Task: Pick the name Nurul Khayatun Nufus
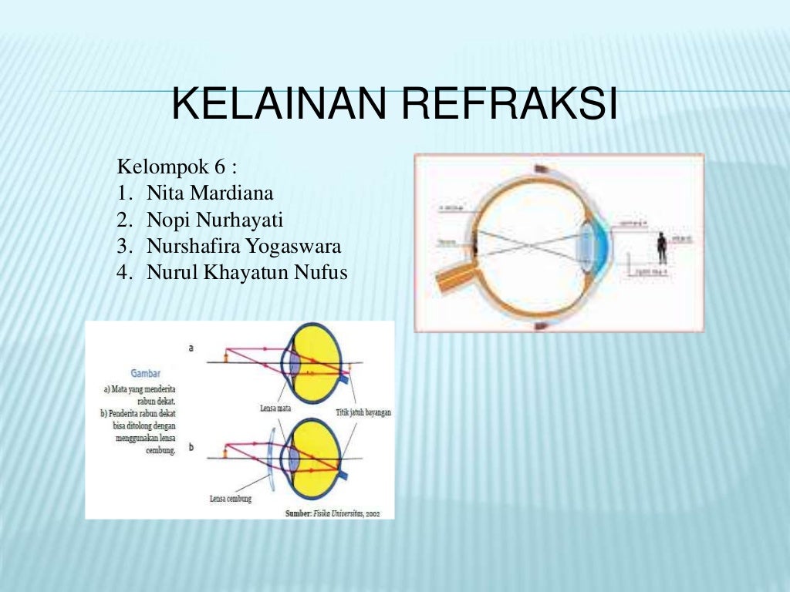(247, 273)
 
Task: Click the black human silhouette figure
(661, 248)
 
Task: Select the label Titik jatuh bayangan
(363, 412)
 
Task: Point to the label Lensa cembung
(231, 499)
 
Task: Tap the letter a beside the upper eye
(191, 348)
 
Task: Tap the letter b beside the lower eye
(191, 447)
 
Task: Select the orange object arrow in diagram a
(225, 357)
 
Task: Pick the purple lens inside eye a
(294, 362)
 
